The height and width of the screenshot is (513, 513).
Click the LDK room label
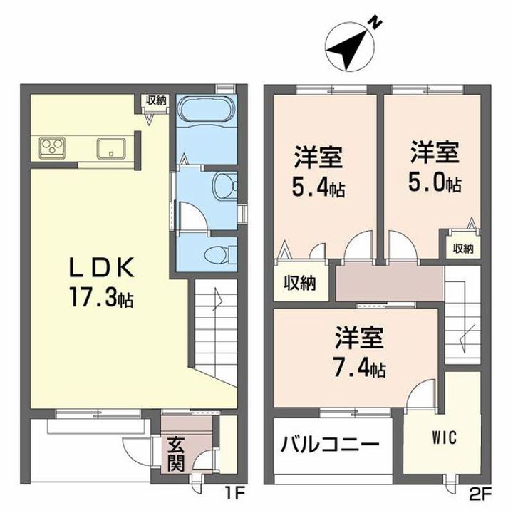click(x=102, y=267)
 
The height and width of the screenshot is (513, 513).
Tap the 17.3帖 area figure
click(x=101, y=296)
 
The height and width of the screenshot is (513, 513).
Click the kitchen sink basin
click(x=111, y=148)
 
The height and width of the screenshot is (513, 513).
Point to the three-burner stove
click(x=52, y=148)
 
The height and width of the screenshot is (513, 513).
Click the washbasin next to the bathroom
click(x=225, y=186)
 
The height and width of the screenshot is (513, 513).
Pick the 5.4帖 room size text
click(x=318, y=188)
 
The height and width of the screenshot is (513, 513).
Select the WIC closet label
click(x=445, y=437)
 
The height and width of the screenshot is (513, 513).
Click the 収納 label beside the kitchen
click(x=156, y=100)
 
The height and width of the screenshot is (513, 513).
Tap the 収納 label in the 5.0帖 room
click(x=463, y=249)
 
